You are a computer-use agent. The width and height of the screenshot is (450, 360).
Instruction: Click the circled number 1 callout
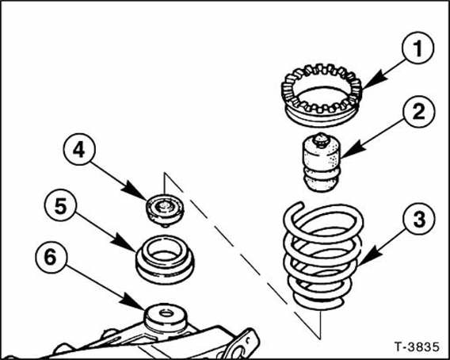418,48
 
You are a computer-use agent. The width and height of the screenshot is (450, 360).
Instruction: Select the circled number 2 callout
419,112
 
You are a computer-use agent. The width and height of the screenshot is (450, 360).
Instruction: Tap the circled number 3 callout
419,219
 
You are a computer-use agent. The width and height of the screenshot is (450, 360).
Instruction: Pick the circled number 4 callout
79,149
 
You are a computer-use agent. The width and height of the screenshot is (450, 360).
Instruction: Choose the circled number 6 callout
51,257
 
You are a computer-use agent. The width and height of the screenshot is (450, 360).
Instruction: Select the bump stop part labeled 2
322,163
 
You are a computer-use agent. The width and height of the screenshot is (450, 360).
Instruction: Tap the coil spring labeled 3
323,255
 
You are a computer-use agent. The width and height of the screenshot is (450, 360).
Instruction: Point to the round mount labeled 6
166,317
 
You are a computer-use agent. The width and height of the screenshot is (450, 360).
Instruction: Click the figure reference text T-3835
417,347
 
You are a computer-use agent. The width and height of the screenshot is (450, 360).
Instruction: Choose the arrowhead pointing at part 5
124,243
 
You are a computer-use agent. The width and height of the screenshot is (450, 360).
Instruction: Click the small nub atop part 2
321,140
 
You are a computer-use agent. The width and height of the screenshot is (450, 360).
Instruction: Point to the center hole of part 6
166,313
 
